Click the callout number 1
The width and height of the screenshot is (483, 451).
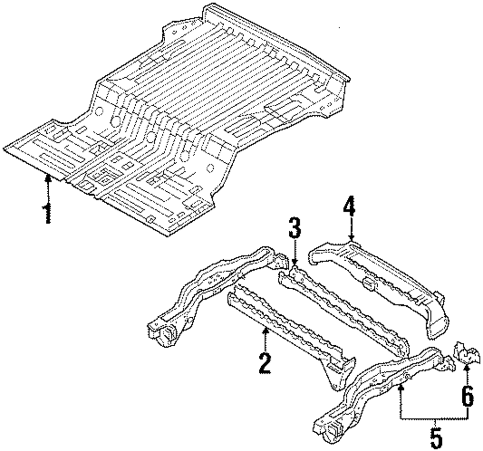click(47, 213)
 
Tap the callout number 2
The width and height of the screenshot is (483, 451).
click(264, 363)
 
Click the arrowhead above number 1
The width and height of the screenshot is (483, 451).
click(47, 178)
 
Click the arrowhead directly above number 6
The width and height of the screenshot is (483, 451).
click(466, 369)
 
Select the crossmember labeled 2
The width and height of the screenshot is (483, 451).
click(290, 333)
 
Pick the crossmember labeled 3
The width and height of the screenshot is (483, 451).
click(338, 304)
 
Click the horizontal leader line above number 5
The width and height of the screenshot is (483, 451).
click(435, 419)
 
